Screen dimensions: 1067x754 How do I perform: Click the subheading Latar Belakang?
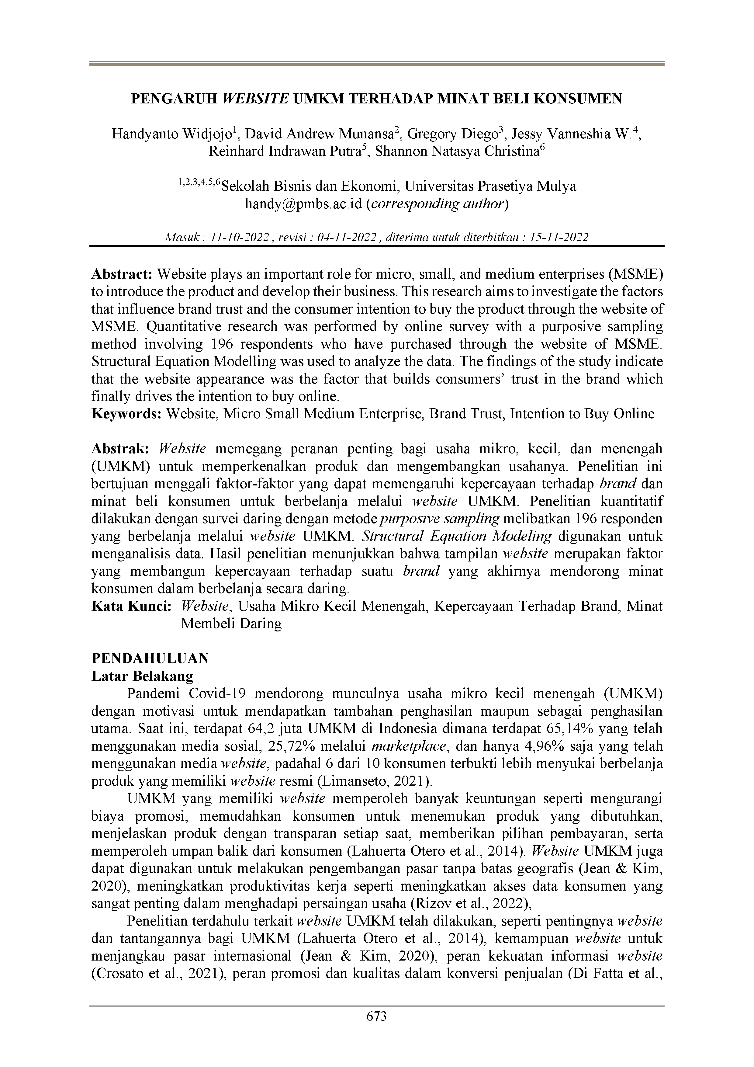click(142, 676)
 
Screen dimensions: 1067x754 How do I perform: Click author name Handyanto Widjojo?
click(171, 134)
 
